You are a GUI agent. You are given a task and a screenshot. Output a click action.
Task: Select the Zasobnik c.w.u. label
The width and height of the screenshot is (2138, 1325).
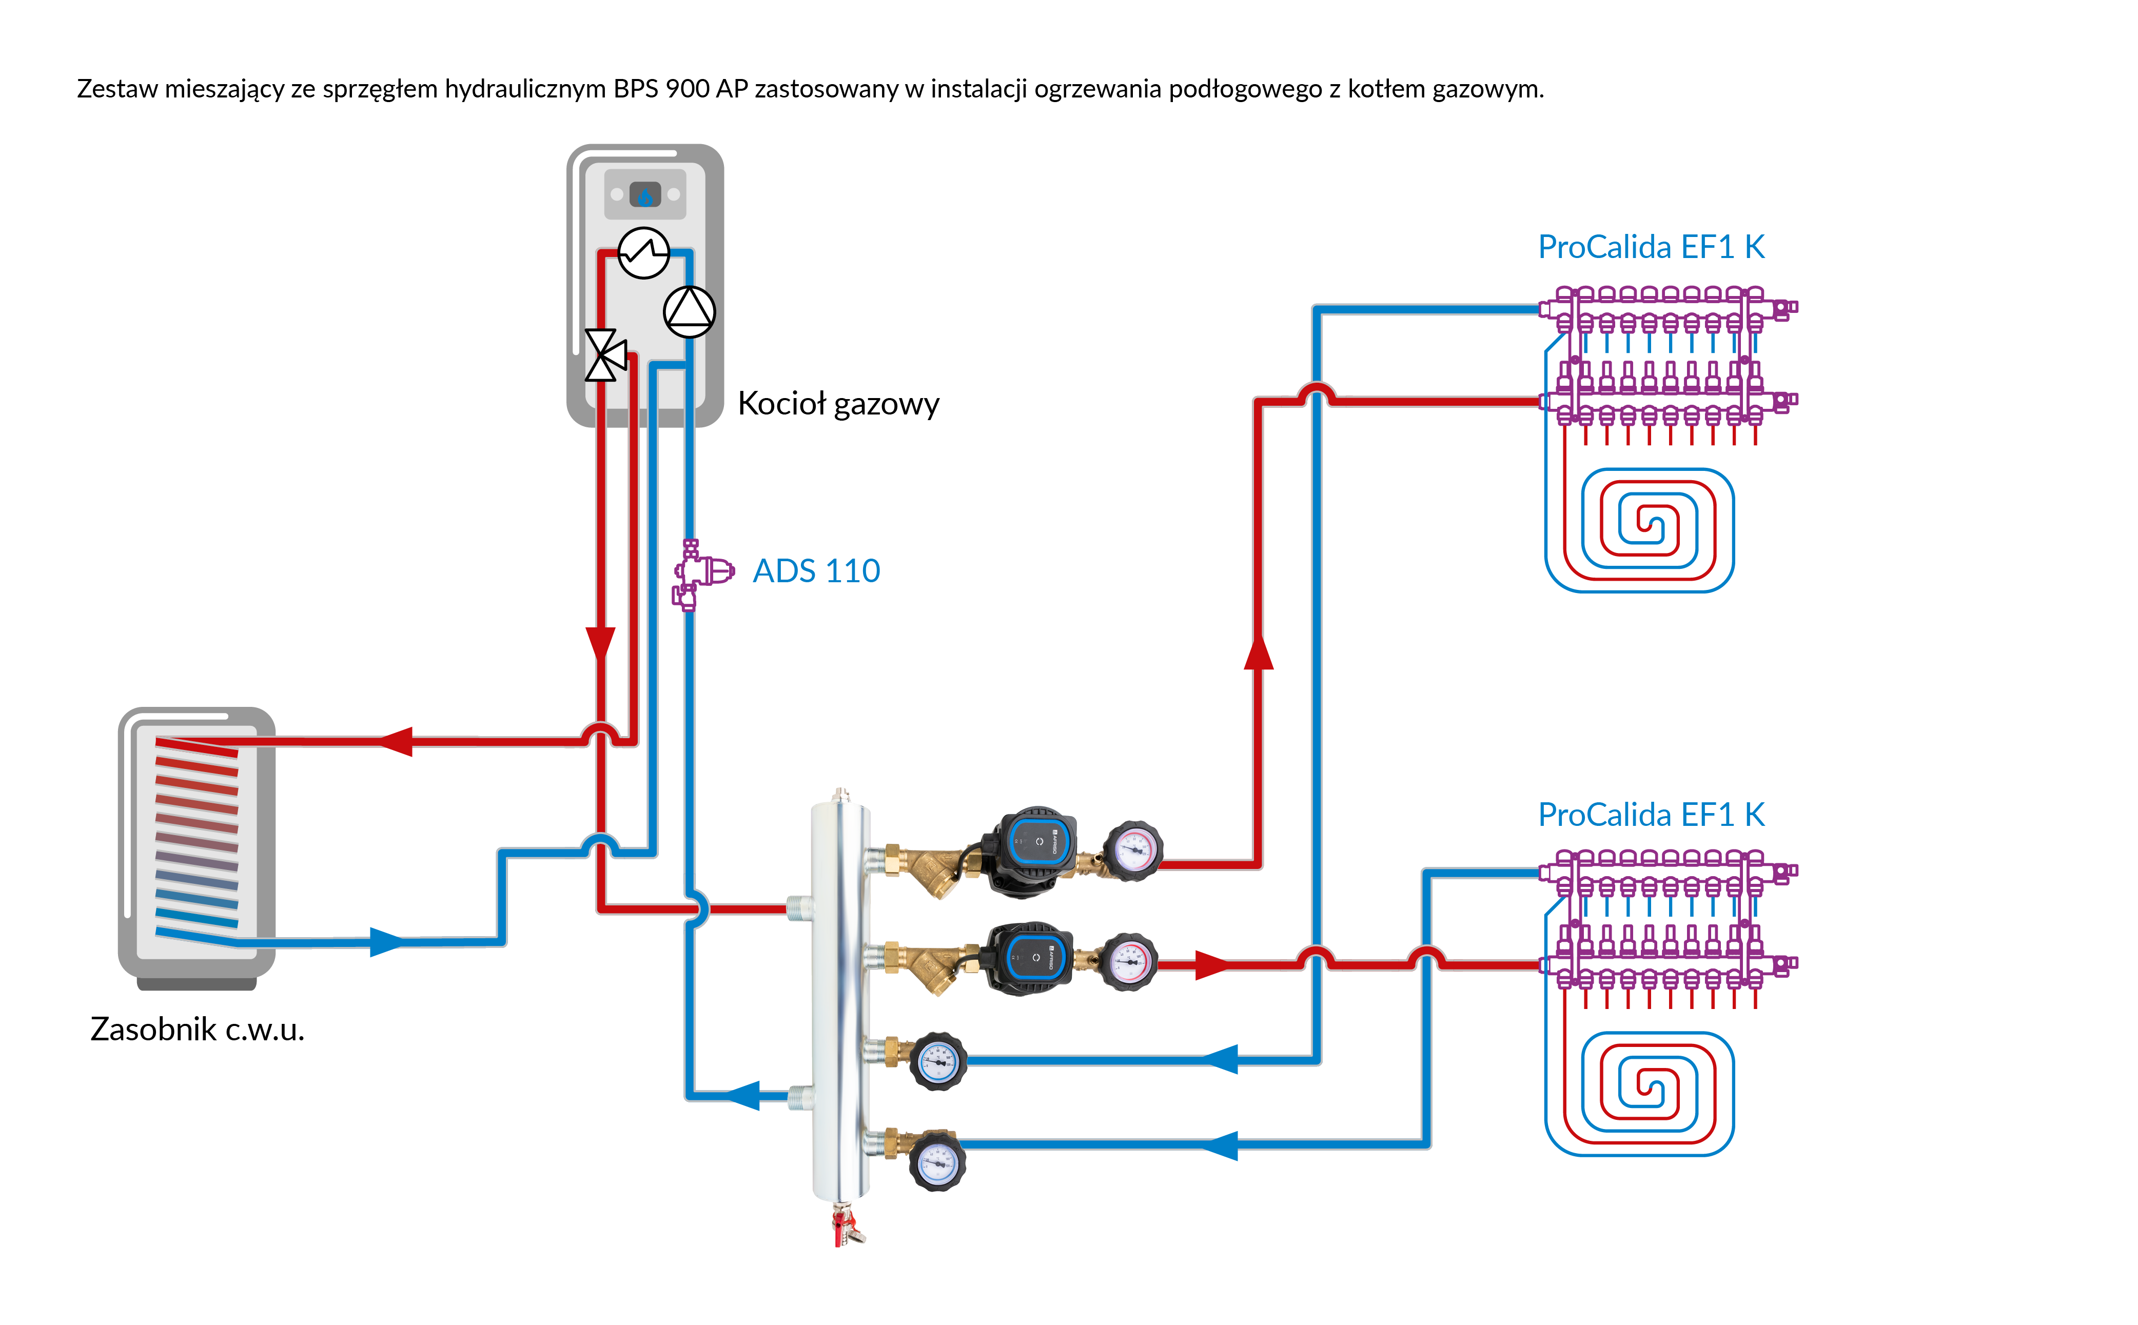coord(197,1029)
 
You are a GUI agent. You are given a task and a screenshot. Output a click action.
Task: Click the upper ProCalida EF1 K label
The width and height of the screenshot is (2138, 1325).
coord(1651,247)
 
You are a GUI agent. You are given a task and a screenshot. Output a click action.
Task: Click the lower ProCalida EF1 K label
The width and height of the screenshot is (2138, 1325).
coord(1651,815)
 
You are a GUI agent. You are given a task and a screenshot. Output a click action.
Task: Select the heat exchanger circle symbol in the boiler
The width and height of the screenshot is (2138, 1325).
coord(643,253)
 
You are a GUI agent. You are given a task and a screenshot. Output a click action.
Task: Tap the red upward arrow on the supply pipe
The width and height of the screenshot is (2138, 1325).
coord(1258,653)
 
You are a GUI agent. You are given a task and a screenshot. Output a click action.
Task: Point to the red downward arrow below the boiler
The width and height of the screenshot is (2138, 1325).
coord(600,644)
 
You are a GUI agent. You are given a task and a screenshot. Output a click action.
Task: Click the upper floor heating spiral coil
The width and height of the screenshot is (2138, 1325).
coord(1639,530)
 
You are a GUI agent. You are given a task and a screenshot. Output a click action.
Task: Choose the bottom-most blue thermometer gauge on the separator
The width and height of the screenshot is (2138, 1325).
coord(937,1161)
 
